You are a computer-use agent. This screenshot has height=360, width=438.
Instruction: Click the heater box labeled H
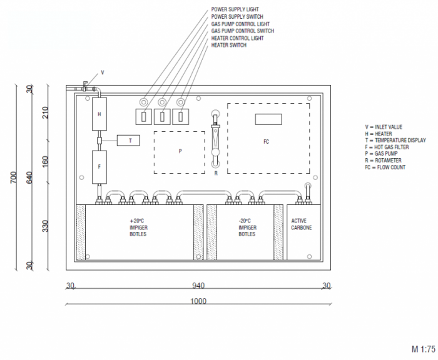click(99, 114)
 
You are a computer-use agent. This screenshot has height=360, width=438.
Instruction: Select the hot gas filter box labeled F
click(99, 167)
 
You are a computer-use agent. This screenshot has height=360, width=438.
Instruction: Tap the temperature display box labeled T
click(128, 141)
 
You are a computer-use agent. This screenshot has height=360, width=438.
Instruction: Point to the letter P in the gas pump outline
click(180, 151)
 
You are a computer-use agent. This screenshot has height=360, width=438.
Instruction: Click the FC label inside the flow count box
click(266, 142)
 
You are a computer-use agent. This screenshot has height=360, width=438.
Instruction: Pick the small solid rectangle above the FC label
click(268, 119)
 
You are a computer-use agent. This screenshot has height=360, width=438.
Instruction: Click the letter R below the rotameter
click(216, 173)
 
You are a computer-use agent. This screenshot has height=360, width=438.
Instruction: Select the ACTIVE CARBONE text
click(302, 224)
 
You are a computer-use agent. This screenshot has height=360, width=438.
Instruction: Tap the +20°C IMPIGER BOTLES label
click(138, 227)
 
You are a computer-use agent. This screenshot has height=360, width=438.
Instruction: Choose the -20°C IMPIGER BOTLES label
click(247, 227)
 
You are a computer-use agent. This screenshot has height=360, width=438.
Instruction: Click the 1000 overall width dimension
click(198, 301)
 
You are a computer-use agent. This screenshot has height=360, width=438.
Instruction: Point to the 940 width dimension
click(198, 286)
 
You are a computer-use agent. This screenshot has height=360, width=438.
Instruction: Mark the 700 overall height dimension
click(13, 177)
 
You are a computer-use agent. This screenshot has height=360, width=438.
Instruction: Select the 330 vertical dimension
click(45, 226)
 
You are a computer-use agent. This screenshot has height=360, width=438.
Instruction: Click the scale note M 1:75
click(424, 349)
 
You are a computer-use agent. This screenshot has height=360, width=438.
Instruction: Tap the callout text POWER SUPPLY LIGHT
click(235, 9)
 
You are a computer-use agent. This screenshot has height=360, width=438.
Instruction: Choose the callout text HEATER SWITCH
click(229, 45)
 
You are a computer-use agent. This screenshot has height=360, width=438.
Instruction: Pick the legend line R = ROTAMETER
click(383, 161)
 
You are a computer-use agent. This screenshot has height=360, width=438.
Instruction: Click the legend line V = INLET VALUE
click(384, 127)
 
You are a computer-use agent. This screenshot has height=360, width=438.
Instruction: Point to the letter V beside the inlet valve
click(103, 72)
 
